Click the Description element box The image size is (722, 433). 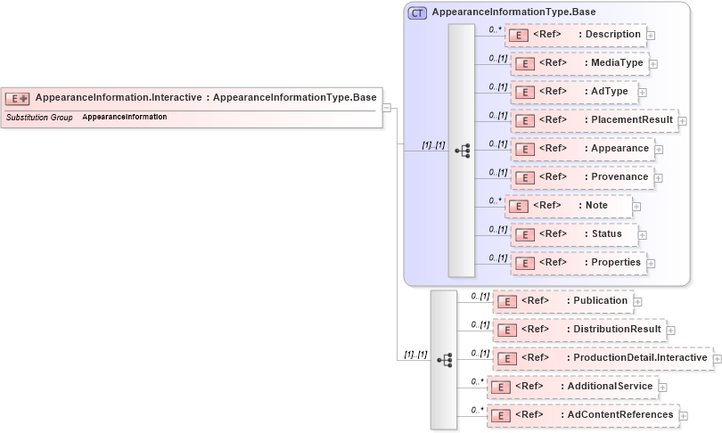[x=575, y=35]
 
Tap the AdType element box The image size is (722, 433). [x=570, y=92]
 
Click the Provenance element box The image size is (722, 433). [x=581, y=177]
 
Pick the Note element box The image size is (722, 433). [x=569, y=206]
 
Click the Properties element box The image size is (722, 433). [x=578, y=263]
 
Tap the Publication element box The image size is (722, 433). [x=563, y=301]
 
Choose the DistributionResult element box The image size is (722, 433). [x=580, y=330]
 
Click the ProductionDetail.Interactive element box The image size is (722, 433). [x=603, y=358]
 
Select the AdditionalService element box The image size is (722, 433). [x=573, y=387]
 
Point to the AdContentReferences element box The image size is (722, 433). [x=582, y=415]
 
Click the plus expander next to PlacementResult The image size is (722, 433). [x=682, y=120]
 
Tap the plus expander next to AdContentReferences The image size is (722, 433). [x=683, y=415]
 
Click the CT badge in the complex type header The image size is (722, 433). [x=417, y=12]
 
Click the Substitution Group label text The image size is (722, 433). [x=39, y=117]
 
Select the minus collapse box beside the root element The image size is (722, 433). [x=387, y=108]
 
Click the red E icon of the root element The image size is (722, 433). [x=18, y=98]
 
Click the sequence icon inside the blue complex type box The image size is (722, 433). [x=462, y=151]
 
